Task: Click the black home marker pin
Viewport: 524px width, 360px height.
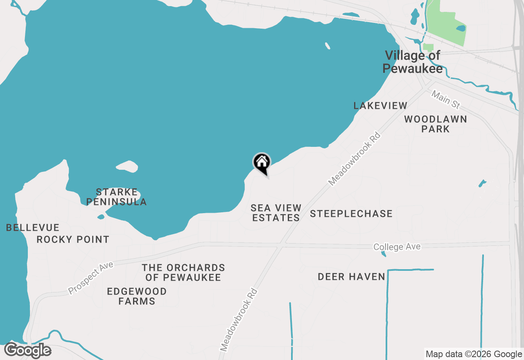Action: point(262,162)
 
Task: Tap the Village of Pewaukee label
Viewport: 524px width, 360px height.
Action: point(413,62)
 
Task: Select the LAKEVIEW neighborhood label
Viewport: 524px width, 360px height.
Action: point(380,106)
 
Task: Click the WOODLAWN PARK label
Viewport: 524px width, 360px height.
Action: point(436,124)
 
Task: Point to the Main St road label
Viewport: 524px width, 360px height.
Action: point(446,100)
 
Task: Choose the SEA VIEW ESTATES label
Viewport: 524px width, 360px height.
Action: point(276,213)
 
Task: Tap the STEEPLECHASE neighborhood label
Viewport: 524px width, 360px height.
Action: point(351,214)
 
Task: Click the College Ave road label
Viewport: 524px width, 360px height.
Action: point(397,247)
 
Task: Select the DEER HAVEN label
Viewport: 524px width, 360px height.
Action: point(352,277)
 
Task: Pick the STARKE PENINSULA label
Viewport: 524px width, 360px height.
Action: point(117,197)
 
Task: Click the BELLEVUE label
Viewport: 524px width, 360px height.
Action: point(33,227)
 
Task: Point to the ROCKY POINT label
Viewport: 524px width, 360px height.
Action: point(73,239)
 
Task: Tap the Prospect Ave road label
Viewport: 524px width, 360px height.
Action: point(90,278)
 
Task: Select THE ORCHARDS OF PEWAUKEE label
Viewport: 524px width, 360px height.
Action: point(183,272)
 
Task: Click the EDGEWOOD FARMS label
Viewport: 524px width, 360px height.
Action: point(137,296)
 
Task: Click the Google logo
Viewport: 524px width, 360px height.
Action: point(28,350)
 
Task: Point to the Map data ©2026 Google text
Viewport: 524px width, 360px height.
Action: point(474,354)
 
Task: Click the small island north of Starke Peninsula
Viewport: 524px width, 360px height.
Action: point(127,166)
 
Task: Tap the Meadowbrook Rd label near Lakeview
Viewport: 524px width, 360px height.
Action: point(355,158)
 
